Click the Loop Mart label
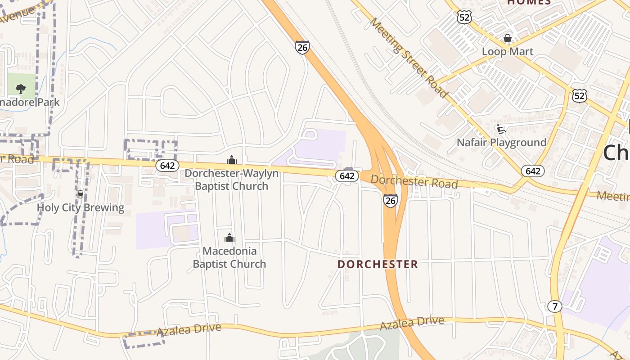click(507, 51)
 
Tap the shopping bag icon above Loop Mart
click(507, 39)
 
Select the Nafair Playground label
click(501, 143)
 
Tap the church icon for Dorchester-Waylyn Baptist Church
click(231, 160)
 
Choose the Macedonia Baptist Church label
click(229, 257)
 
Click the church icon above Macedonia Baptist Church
click(229, 238)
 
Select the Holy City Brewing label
click(80, 207)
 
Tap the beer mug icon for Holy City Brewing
click(81, 194)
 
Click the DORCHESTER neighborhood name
click(378, 264)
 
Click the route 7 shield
click(555, 306)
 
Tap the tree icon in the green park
click(20, 89)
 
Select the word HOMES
click(529, 2)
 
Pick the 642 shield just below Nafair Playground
click(533, 171)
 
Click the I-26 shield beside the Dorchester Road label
click(391, 201)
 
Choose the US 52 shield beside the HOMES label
click(463, 17)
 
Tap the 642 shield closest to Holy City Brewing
click(167, 166)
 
